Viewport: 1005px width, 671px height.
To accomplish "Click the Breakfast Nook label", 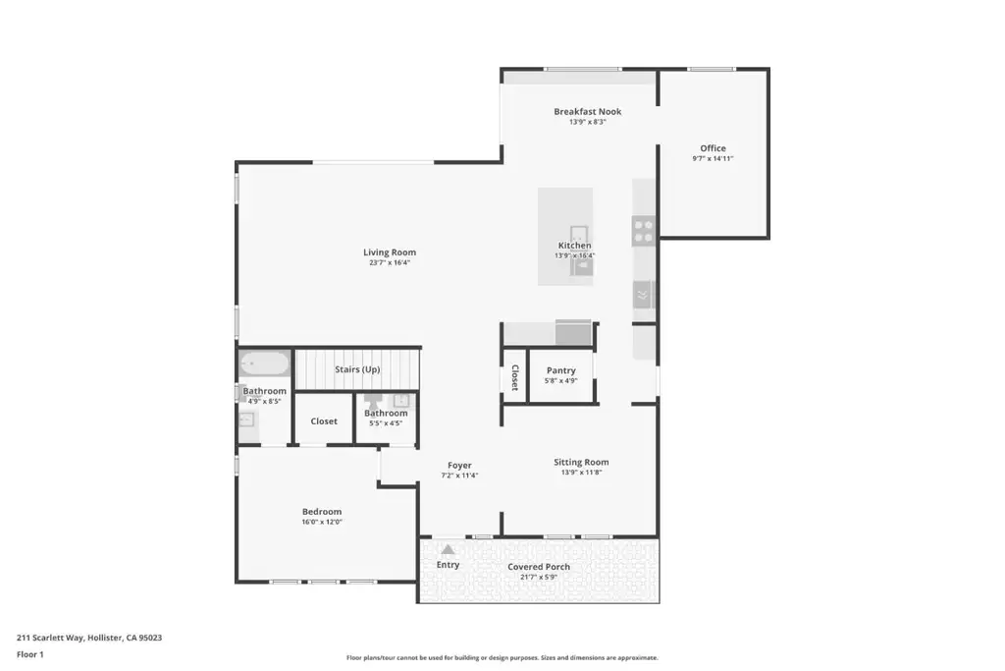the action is coord(587,112).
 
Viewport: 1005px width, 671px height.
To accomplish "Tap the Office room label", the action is coord(713,148).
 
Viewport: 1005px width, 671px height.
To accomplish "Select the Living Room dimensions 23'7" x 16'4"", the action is coord(389,262).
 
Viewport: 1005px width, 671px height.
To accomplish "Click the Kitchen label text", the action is coord(574,245).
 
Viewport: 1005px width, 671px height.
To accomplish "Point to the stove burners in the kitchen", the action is coord(643,231).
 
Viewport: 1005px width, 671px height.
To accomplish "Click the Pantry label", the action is coord(560,370).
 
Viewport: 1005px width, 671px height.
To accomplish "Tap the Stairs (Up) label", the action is coord(357,369).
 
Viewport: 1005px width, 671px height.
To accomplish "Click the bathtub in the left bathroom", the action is coord(264,363).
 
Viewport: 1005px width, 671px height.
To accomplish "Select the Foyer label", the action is coord(459,465).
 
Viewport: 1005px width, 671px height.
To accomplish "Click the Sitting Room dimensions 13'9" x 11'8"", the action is coord(581,473).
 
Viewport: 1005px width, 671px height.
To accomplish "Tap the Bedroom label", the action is coord(322,511).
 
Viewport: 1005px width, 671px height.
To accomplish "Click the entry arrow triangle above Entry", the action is coord(448,549).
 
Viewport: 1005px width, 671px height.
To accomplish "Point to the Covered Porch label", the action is coord(539,567).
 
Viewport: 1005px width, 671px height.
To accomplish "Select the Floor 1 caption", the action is coord(30,654).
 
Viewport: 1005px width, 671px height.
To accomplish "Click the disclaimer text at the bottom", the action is coord(502,657).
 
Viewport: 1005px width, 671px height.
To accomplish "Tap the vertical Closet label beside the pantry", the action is coord(514,377).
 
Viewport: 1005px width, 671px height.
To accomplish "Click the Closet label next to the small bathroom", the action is coord(324,420).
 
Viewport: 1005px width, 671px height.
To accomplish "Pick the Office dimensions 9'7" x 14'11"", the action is coord(713,158).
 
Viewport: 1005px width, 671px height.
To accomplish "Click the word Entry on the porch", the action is coord(448,565).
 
